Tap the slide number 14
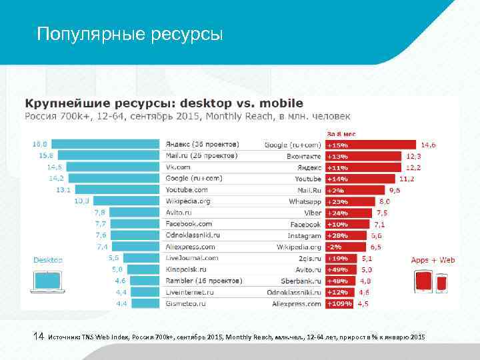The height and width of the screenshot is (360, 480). point(39,338)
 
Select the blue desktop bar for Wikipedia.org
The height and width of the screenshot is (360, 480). point(127,201)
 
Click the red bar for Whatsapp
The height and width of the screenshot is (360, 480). point(349,201)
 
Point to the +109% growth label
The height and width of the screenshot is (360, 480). point(339,303)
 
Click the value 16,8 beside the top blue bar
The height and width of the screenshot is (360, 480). point(39,143)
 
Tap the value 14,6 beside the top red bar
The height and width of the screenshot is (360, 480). point(428,144)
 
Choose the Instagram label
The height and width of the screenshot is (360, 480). point(305,235)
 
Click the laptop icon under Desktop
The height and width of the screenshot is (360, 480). point(48,282)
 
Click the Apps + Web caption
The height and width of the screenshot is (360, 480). point(433,259)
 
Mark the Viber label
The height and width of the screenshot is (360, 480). point(312,212)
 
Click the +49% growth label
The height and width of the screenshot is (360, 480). point(337,269)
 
